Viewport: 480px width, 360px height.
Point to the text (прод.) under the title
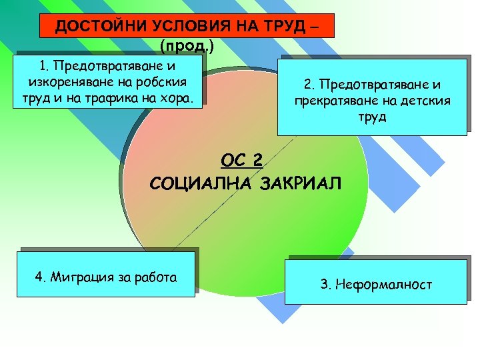(x=186, y=46)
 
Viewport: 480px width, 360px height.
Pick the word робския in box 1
(x=161, y=83)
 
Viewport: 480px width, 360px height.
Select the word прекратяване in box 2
(x=332, y=101)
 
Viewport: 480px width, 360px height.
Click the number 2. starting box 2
(x=308, y=85)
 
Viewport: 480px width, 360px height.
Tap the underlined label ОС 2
(x=242, y=160)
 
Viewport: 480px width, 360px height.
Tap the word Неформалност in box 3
(x=384, y=285)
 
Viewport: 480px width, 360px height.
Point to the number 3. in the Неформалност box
(x=325, y=285)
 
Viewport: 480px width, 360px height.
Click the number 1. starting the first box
(x=44, y=66)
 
